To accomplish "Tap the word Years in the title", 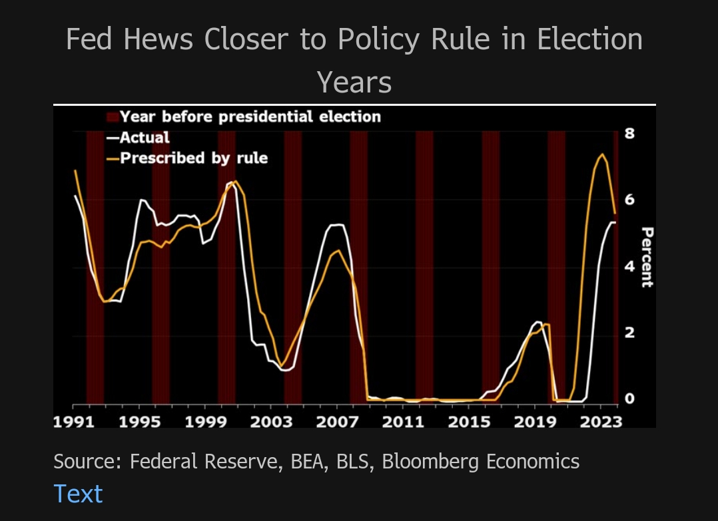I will [354, 83].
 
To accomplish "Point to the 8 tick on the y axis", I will [629, 133].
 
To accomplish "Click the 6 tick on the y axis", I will [629, 200].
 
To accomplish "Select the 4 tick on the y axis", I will [629, 266].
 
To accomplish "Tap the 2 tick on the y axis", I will [629, 333].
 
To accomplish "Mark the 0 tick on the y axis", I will [629, 399].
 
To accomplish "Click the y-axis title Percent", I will [647, 258].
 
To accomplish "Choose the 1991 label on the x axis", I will [73, 421].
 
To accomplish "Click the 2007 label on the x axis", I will [337, 421].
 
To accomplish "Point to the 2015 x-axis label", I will [469, 421].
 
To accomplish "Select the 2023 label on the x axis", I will [601, 421].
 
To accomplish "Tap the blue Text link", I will [78, 494].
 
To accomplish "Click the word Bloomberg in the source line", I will [431, 461].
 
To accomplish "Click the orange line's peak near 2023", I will [602, 154].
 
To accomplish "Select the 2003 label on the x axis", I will [271, 421].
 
